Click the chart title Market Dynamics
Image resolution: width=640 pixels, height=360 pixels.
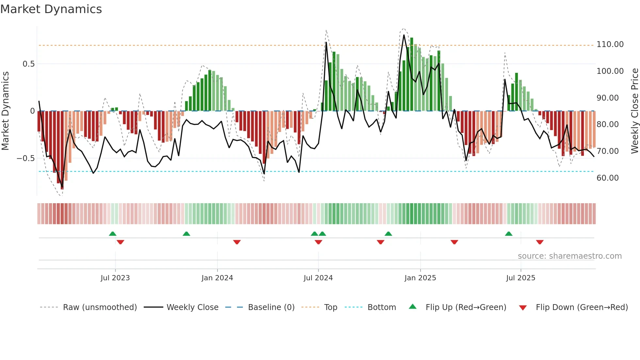51,9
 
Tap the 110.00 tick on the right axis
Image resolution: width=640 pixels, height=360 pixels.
610,44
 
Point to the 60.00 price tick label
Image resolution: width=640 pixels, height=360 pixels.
607,178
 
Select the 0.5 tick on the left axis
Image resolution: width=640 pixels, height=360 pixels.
29,64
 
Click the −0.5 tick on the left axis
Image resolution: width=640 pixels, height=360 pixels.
26,158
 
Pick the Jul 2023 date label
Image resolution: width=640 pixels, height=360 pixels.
115,278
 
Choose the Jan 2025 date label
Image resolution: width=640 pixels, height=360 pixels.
420,278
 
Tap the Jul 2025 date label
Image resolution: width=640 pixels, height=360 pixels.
520,278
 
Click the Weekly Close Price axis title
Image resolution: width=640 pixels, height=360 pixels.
634,111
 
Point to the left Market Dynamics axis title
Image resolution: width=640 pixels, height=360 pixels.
5,111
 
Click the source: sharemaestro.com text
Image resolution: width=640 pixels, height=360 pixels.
569,256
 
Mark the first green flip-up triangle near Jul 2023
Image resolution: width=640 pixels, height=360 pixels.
113,234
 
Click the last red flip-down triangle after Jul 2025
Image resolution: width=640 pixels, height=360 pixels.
539,242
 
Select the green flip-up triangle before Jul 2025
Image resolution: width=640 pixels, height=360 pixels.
508,234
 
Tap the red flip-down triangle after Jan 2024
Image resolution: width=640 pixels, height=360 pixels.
237,242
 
